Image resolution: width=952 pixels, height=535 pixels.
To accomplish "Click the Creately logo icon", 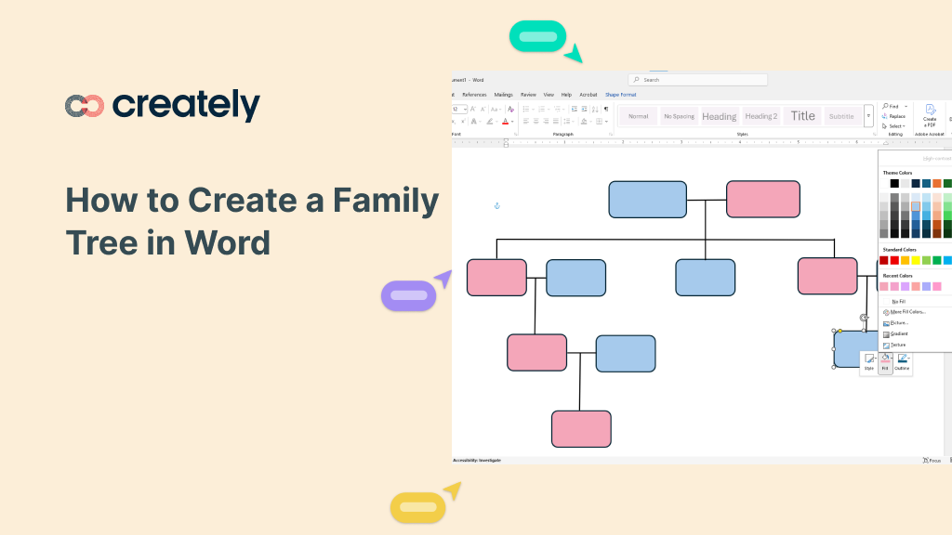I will (84, 106).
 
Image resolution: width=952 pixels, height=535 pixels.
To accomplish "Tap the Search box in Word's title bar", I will (697, 80).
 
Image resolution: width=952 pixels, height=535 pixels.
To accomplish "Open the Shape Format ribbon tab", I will (620, 95).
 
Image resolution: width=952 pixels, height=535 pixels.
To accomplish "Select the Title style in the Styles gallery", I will (802, 116).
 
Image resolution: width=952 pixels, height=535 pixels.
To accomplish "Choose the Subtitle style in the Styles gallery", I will (841, 116).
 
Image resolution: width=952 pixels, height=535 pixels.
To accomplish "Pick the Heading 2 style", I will (760, 116).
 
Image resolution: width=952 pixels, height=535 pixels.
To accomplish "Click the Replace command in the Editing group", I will (894, 116).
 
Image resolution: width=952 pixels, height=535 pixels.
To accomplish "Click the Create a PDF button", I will (930, 116).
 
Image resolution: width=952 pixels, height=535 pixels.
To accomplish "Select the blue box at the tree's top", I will (647, 200).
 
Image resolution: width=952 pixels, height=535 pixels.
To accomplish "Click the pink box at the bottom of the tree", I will (581, 429).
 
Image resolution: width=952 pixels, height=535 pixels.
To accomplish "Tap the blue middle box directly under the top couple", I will (705, 278).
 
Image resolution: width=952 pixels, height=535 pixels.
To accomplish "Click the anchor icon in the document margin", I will (496, 205).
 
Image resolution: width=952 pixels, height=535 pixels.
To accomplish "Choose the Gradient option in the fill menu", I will (898, 333).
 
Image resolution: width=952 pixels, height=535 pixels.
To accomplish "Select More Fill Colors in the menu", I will (906, 312).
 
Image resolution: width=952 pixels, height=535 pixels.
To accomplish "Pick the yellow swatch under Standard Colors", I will (916, 260).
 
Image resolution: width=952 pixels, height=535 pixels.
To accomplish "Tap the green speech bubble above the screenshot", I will (537, 36).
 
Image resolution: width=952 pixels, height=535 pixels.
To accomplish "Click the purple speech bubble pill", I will (408, 296).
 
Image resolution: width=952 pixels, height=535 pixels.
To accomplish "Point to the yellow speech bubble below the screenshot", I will (417, 507).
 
